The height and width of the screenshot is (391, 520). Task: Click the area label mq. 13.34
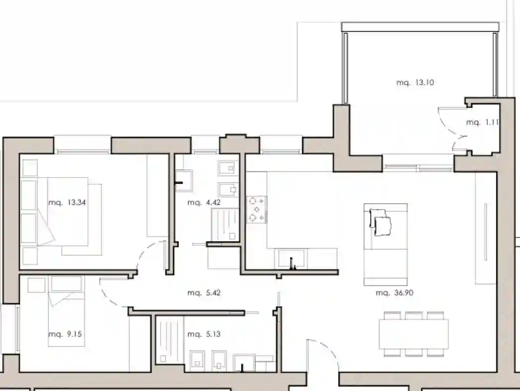click(x=67, y=202)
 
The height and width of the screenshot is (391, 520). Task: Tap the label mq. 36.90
click(x=395, y=293)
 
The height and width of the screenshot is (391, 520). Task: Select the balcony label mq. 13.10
click(x=415, y=82)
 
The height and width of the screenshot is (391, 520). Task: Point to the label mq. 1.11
click(x=483, y=122)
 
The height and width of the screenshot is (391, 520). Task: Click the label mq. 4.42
click(x=204, y=202)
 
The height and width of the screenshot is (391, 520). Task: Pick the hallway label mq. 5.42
click(x=204, y=293)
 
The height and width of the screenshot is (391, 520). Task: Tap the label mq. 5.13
click(x=204, y=334)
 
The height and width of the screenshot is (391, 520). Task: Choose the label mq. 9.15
click(x=65, y=334)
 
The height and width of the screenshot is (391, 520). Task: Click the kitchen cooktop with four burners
click(x=256, y=209)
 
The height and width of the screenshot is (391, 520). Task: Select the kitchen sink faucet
click(x=292, y=263)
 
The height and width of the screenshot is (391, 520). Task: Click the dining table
click(x=414, y=334)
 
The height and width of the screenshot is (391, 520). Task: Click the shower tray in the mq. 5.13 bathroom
click(x=169, y=340)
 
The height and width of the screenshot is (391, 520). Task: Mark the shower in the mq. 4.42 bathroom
click(x=225, y=224)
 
